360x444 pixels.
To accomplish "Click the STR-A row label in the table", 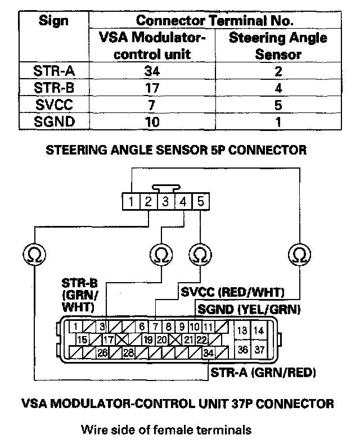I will (x=54, y=71).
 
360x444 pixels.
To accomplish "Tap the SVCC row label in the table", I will (x=54, y=105).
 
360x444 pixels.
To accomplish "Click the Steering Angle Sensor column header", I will (x=278, y=46).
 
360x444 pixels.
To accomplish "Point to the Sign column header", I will (x=54, y=21).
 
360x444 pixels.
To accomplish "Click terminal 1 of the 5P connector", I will (x=130, y=201).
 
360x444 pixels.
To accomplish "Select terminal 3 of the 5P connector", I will (x=165, y=201).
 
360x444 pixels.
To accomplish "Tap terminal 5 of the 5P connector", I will (x=200, y=201).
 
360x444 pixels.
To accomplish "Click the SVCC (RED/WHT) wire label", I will (x=232, y=292).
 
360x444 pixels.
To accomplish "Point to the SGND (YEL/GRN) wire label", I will (x=247, y=309).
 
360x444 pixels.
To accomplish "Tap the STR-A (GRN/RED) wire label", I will (x=263, y=372).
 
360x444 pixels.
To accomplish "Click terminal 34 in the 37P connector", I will (x=209, y=352).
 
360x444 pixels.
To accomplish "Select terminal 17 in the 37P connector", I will (x=108, y=339).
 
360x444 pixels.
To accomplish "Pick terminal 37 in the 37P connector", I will (x=259, y=350).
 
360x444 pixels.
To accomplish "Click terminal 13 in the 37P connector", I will (x=243, y=330).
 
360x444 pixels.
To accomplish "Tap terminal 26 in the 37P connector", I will (x=102, y=352).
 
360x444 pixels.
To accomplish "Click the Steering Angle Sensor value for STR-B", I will (x=278, y=88).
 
